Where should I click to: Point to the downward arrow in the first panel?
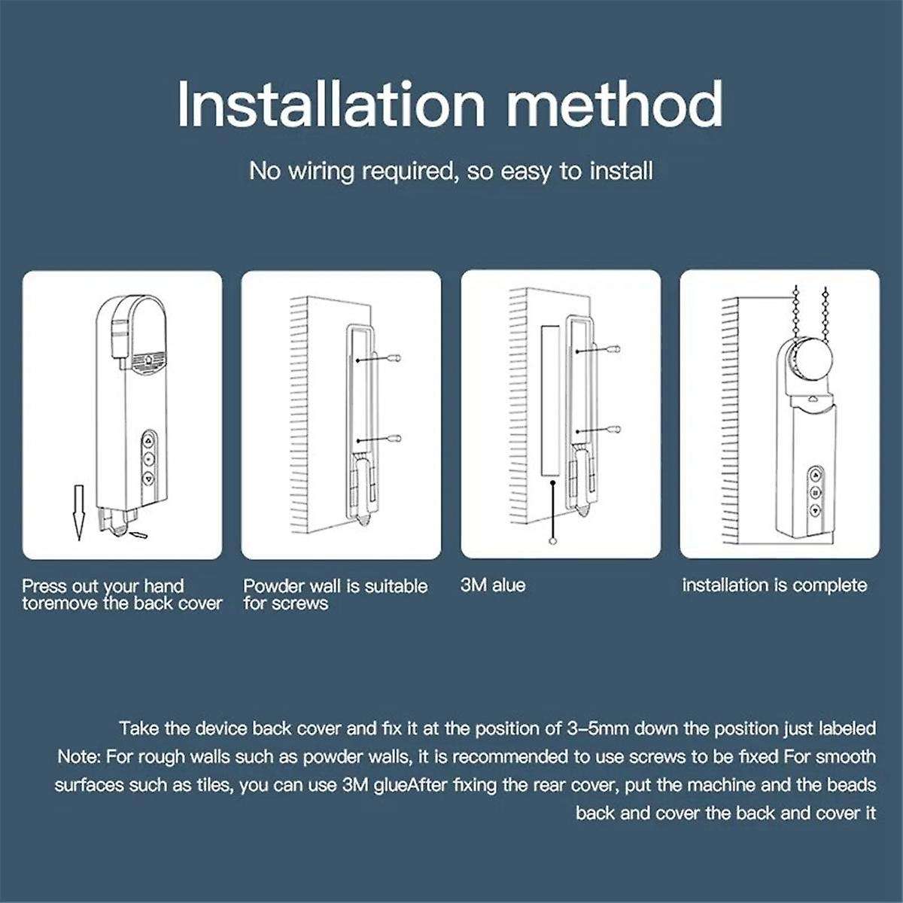pos(78,512)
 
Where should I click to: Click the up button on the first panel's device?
pos(149,441)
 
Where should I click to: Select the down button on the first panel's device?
pos(149,478)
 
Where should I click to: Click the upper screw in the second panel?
pos(397,358)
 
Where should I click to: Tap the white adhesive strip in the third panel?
pos(550,403)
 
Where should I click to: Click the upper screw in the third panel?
pos(615,348)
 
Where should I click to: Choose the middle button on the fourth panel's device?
pos(815,492)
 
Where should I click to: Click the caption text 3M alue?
pos(493,585)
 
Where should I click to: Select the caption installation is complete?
pos(774,585)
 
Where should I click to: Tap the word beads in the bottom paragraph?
pos(856,785)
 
